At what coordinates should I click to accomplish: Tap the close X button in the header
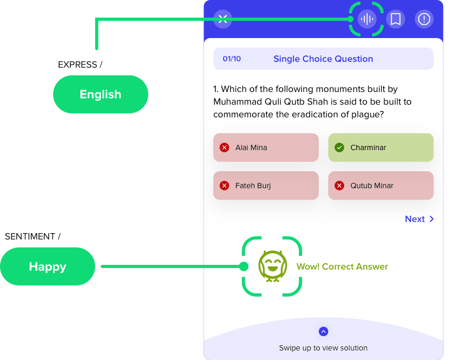pyautogui.click(x=223, y=19)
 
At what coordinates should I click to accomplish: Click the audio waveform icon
pyautogui.click(x=367, y=19)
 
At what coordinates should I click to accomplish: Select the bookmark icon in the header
pyautogui.click(x=395, y=19)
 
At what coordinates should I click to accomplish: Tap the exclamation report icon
pyautogui.click(x=424, y=19)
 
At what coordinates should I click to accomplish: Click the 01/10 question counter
pyautogui.click(x=232, y=59)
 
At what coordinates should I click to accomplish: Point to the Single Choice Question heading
pyautogui.click(x=323, y=59)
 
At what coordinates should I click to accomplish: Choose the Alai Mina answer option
pyautogui.click(x=266, y=147)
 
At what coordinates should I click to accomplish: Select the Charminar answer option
pyautogui.click(x=381, y=147)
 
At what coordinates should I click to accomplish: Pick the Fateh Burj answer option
pyautogui.click(x=266, y=186)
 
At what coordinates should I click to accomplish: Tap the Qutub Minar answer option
pyautogui.click(x=381, y=186)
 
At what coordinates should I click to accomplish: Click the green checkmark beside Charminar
pyautogui.click(x=339, y=147)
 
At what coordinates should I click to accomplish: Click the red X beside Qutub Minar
pyautogui.click(x=339, y=186)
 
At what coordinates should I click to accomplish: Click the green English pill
pyautogui.click(x=100, y=94)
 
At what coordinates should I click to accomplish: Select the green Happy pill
pyautogui.click(x=48, y=266)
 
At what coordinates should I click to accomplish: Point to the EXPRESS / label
pyautogui.click(x=80, y=64)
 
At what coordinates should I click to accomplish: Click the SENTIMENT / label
pyautogui.click(x=33, y=236)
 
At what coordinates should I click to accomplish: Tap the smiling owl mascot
pyautogui.click(x=273, y=266)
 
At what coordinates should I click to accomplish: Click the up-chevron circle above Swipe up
pyautogui.click(x=323, y=331)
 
